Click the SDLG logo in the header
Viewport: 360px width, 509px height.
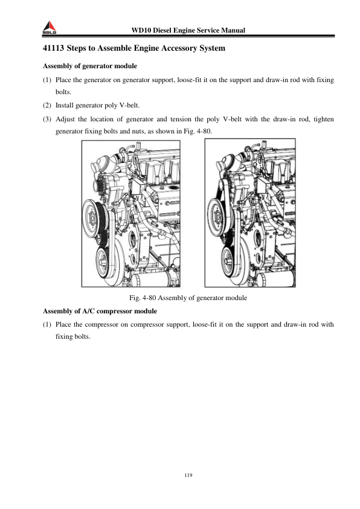click(50, 28)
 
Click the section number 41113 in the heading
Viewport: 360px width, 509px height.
click(54, 48)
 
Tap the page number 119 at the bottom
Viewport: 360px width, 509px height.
click(188, 475)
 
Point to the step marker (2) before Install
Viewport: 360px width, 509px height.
click(47, 105)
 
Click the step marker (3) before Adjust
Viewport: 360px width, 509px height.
click(47, 119)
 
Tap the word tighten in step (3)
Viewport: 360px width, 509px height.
click(324, 119)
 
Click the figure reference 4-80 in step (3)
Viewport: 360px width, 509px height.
click(205, 132)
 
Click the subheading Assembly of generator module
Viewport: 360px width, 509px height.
click(90, 66)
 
